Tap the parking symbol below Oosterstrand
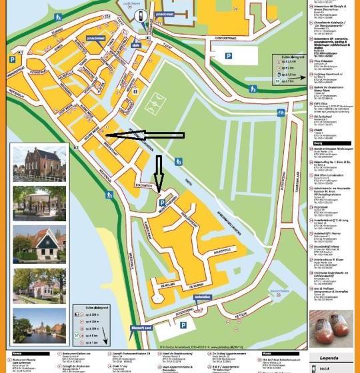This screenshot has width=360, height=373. click(229, 57)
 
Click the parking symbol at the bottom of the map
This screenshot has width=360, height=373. click(181, 325)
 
